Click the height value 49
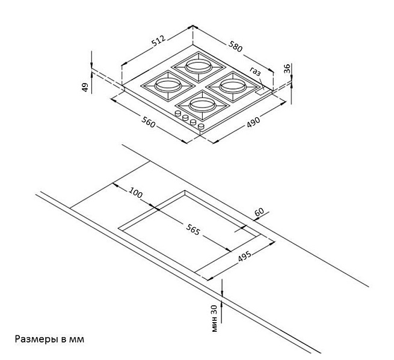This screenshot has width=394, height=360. (85, 87)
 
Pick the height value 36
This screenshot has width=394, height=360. (288, 69)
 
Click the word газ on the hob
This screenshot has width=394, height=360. (256, 72)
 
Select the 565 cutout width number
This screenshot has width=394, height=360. (192, 230)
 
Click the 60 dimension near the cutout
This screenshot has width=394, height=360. (259, 213)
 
